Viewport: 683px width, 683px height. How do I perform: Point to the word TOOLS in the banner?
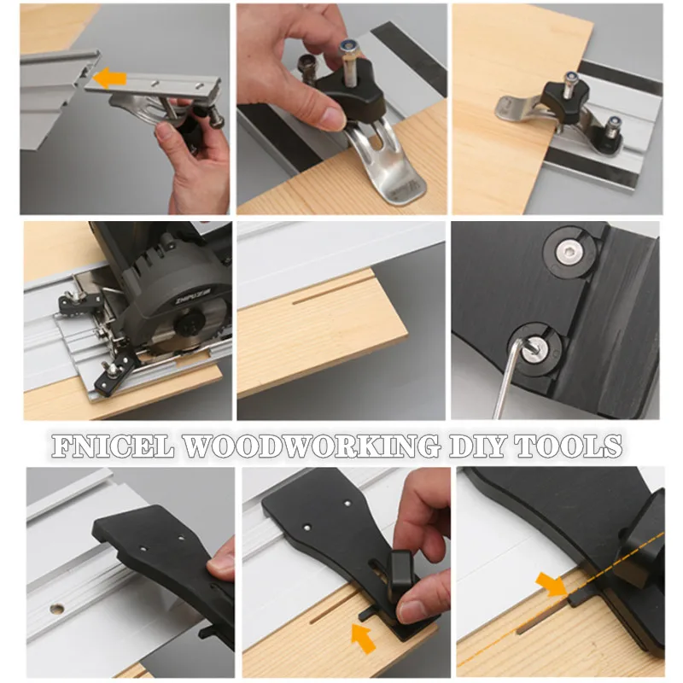pos(581,447)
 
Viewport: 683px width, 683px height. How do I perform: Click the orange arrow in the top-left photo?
pos(109,79)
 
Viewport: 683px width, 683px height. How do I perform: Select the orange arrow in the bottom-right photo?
pos(551,585)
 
